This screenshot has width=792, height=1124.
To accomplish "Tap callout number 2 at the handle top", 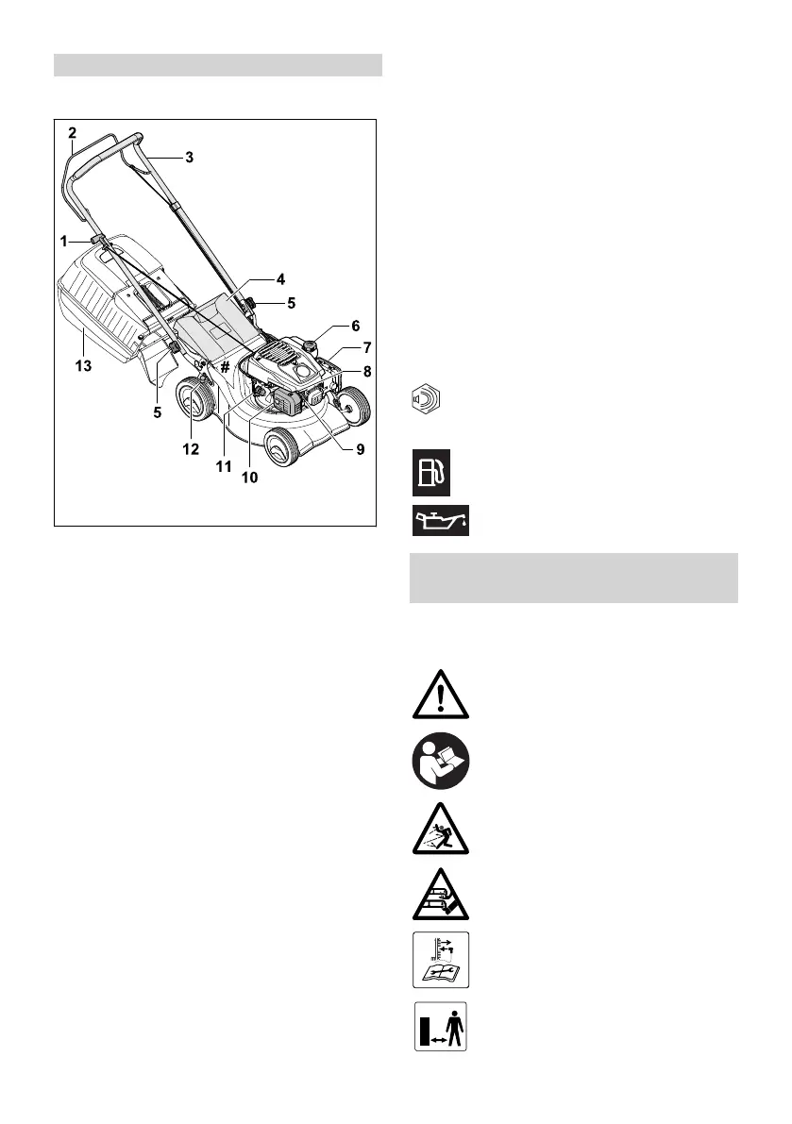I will point(72,134).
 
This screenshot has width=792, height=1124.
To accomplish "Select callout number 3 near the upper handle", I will point(189,158).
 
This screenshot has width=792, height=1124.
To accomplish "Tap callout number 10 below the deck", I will point(249,478).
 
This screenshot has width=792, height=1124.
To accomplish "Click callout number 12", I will point(191,449).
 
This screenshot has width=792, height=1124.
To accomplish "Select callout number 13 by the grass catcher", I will point(84,366).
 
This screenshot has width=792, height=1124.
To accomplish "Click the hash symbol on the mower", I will point(226,367).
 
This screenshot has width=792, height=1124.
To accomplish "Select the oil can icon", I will point(442,521).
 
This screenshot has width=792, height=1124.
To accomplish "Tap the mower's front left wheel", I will point(281,449).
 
